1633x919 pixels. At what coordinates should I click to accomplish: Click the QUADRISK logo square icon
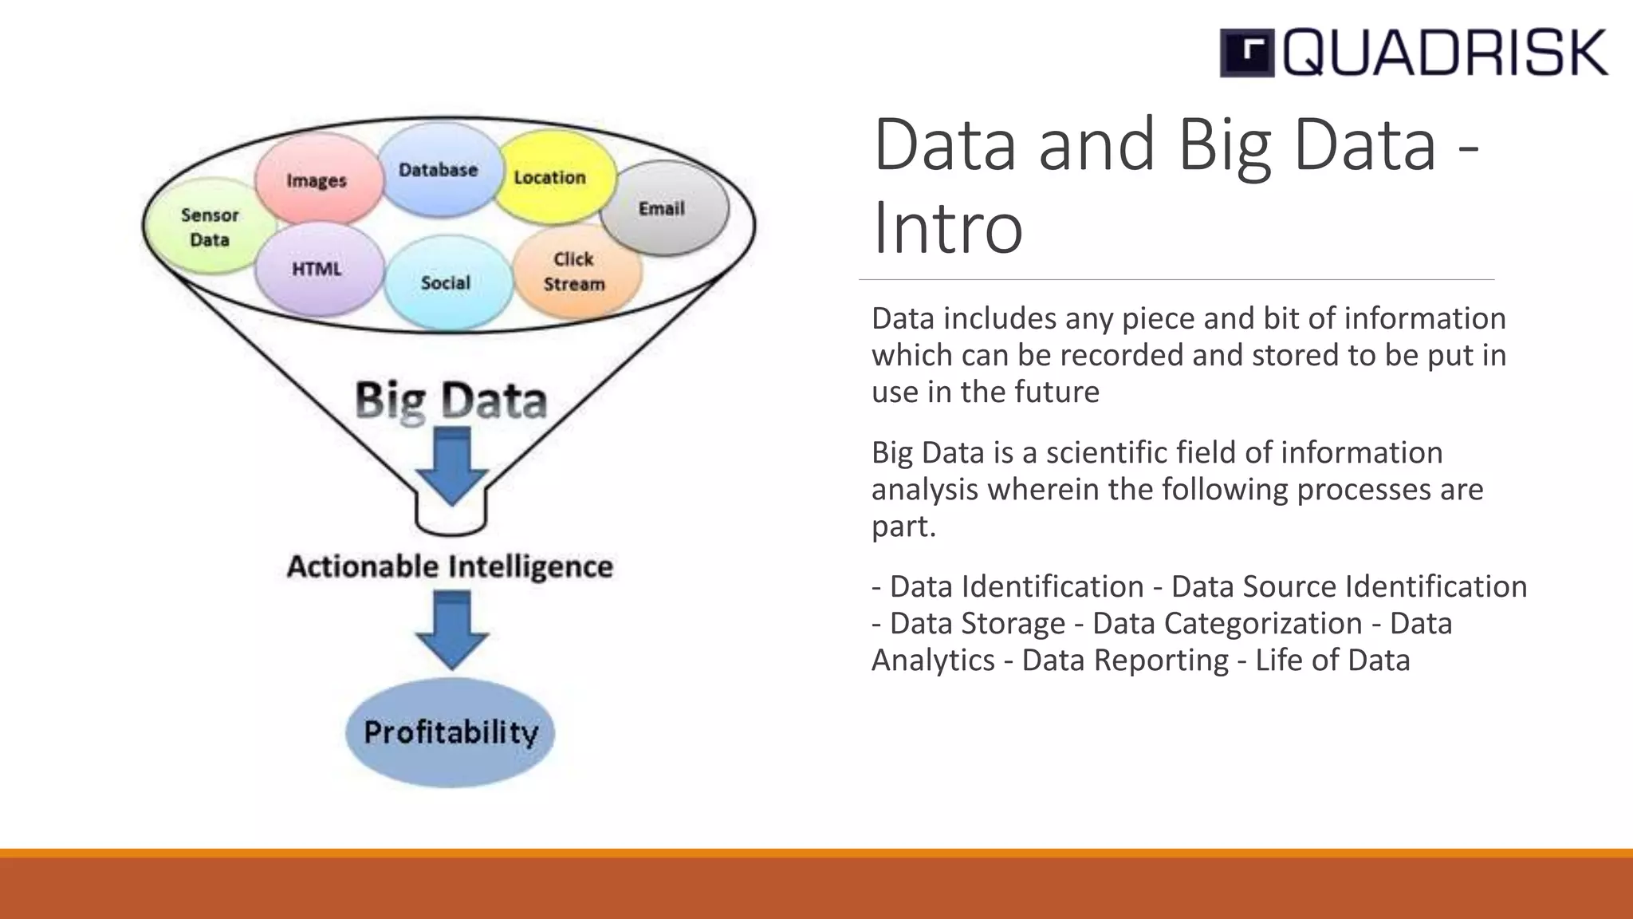coord(1247,53)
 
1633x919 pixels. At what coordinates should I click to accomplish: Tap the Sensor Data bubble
coord(209,227)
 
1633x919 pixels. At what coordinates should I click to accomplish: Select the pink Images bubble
coord(317,180)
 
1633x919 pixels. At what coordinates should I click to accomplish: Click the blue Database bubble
coord(438,170)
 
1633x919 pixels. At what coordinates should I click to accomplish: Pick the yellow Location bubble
coord(550,177)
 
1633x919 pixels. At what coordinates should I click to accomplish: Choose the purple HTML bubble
coord(317,269)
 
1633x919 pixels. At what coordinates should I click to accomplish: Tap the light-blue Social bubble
coord(446,282)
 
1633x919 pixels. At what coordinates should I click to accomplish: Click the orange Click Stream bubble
coord(575,271)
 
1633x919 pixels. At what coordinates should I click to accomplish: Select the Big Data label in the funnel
coord(451,400)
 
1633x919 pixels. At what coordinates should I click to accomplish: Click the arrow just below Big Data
coord(451,467)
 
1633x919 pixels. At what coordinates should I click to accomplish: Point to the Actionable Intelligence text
coord(451,566)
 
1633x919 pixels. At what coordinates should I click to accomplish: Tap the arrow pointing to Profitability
coord(451,629)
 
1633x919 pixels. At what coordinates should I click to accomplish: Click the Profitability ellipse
coord(451,732)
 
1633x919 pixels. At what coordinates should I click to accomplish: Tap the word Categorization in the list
coord(1227,623)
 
